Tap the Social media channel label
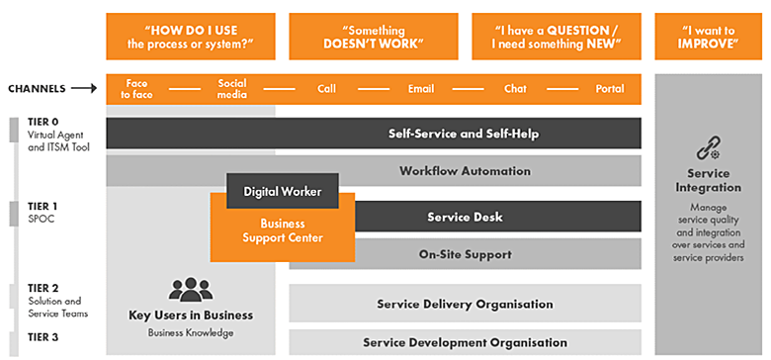(232, 89)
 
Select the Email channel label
(421, 89)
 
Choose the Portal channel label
(610, 89)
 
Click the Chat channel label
(515, 89)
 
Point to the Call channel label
(326, 89)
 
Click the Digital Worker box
(283, 191)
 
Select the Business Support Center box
(283, 231)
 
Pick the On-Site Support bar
(466, 254)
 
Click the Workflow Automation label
(466, 171)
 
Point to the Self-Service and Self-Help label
(464, 134)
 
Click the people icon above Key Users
(191, 290)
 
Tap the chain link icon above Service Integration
(709, 148)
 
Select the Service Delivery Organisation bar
(466, 304)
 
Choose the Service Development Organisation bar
(466, 342)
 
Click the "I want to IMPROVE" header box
(709, 37)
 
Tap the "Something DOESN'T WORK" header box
(374, 37)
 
